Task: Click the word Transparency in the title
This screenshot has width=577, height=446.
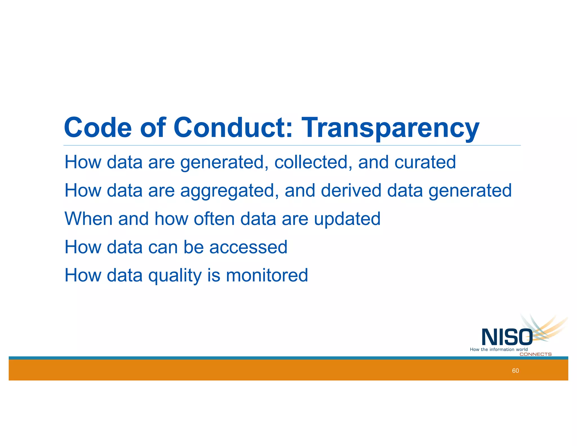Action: (x=390, y=128)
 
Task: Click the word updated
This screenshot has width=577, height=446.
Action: (x=347, y=219)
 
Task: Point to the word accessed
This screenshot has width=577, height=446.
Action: (x=248, y=247)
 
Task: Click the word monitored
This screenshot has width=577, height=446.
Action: (x=267, y=275)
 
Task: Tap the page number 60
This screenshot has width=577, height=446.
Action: (x=515, y=371)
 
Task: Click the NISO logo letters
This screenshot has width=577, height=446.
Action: (x=507, y=337)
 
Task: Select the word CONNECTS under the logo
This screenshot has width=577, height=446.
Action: (x=535, y=354)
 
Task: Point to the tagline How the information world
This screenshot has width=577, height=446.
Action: (x=499, y=350)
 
